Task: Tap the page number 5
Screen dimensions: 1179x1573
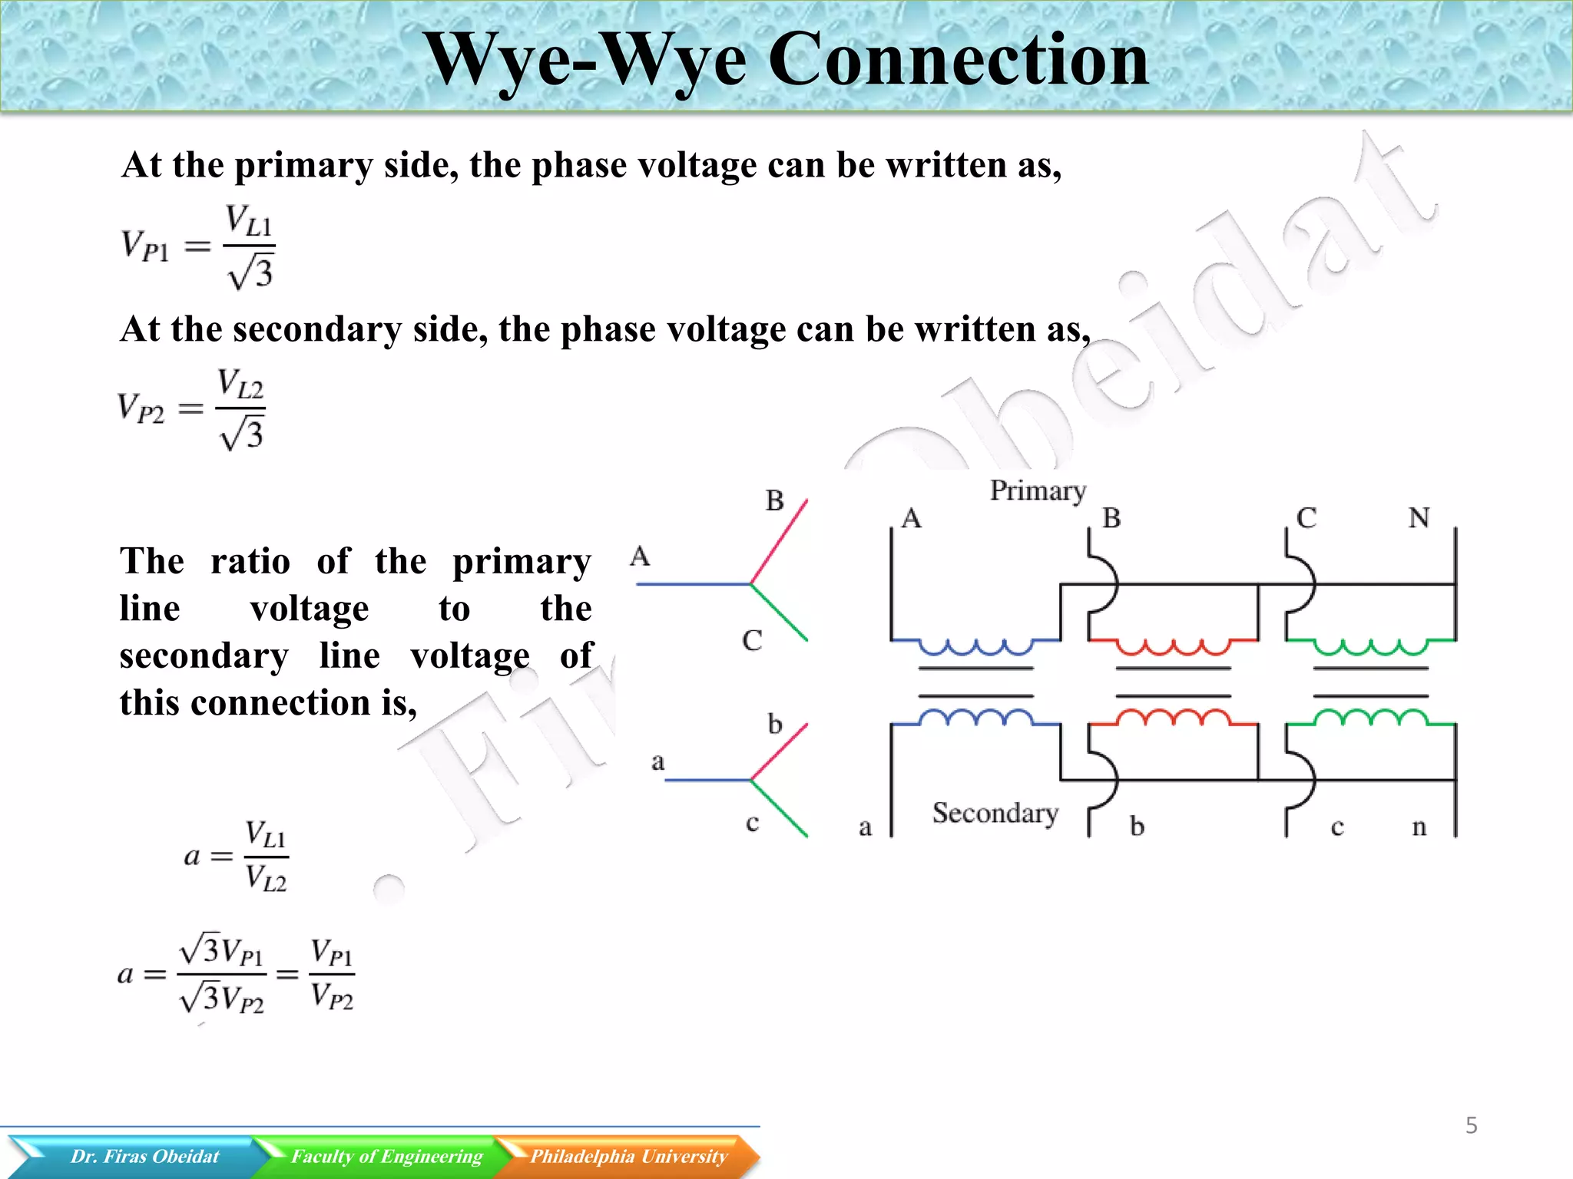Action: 1471,1125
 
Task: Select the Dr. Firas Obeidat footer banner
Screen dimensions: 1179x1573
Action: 144,1156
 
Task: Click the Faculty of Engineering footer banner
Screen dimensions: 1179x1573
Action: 386,1156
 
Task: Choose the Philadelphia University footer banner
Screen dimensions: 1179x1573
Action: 628,1156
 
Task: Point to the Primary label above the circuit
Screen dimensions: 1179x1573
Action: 1038,490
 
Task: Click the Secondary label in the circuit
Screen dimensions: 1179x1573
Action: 995,813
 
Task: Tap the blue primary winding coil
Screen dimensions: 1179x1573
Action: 975,647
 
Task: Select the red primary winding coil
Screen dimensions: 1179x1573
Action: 1173,647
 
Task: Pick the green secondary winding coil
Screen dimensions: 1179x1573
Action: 1370,718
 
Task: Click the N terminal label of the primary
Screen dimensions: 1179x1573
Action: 1419,518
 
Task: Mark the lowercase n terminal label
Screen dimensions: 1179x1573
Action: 1419,827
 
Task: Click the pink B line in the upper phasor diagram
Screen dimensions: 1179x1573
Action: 780,540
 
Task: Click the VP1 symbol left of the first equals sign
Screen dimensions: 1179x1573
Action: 144,246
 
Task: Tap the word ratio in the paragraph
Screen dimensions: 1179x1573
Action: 250,561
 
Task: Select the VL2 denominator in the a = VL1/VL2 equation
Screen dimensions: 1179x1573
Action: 266,878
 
